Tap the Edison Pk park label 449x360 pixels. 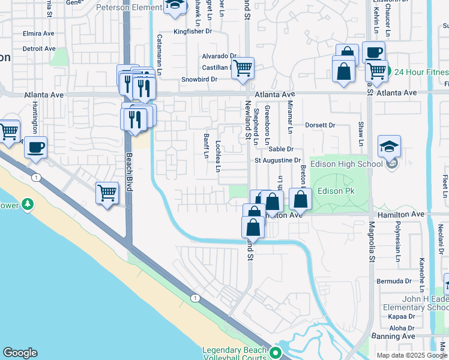(x=334, y=191)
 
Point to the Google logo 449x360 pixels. (x=20, y=353)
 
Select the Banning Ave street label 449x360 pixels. (x=393, y=336)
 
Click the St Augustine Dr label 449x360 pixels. (x=277, y=160)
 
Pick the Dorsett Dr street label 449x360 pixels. (x=319, y=125)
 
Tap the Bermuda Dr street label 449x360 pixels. (x=394, y=281)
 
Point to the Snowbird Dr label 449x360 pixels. (x=199, y=79)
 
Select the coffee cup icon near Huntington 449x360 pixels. (x=35, y=146)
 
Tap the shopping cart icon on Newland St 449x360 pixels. (x=243, y=68)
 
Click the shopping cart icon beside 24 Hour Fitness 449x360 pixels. (x=376, y=71)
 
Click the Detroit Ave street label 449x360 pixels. (x=38, y=49)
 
